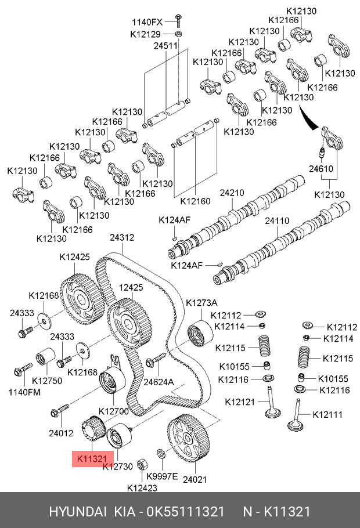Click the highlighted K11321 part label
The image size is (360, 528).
coord(90,459)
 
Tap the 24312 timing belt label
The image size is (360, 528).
coord(122,237)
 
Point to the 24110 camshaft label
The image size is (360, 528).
coord(278,221)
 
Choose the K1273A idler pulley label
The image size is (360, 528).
coord(201,302)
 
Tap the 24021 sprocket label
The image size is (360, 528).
coord(194,479)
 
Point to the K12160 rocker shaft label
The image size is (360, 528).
coord(195,201)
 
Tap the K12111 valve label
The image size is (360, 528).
coord(327,414)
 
